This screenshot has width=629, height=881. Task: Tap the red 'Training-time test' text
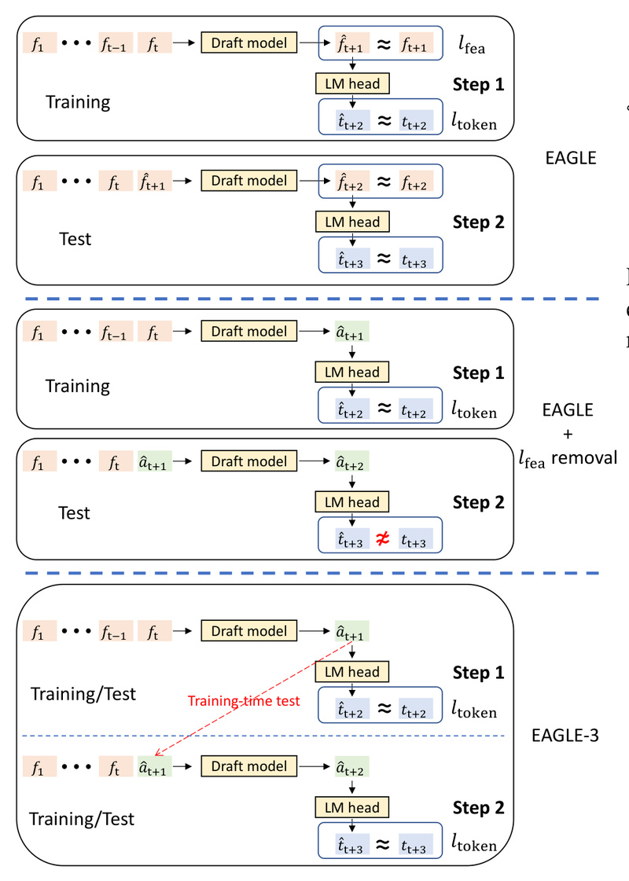pos(244,701)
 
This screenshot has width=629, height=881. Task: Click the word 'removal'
pos(584,457)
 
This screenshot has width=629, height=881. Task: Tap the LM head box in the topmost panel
pos(352,83)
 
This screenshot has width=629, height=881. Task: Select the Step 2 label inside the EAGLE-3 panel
pos(478,807)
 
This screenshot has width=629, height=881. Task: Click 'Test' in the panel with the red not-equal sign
pos(75,513)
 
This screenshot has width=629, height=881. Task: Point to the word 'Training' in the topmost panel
pos(78,102)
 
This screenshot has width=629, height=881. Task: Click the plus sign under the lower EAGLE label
pos(568,434)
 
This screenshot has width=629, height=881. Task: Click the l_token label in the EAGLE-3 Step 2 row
pos(473,845)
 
